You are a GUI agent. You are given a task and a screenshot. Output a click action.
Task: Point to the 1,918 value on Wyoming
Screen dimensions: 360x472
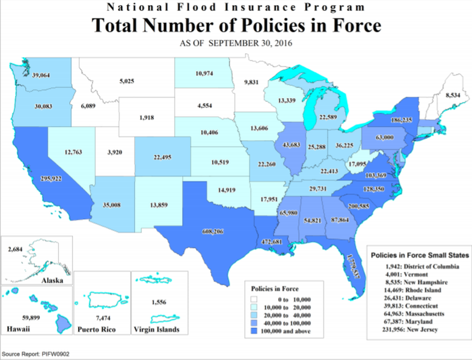[x=147, y=118]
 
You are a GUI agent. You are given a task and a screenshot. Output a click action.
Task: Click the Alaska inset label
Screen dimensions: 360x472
[x=52, y=280]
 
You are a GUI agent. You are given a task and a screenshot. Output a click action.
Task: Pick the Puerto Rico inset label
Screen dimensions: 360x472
[x=96, y=330]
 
